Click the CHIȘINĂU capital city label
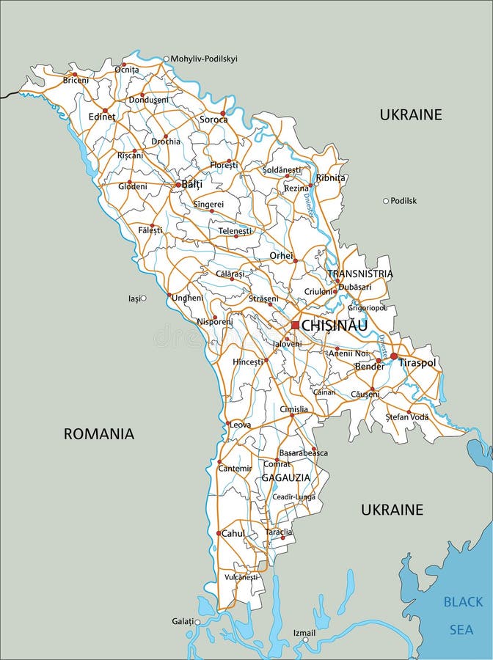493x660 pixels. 335,325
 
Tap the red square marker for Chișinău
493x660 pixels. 295,325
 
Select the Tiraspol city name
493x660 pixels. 417,363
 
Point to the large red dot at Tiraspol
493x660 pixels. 394,356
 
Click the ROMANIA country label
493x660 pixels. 99,433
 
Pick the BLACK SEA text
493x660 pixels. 462,615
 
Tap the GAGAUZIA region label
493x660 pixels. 286,477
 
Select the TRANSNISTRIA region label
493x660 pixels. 360,274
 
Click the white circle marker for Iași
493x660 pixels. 143,298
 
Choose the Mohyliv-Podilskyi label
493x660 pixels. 204,59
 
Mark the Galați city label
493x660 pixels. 183,621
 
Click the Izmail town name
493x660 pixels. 304,632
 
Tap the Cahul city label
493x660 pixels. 233,534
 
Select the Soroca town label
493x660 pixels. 214,120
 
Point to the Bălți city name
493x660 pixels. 192,184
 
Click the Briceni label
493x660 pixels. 76,80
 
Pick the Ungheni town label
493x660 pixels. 188,298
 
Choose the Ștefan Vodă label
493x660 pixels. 407,417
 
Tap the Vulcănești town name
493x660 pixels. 241,577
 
